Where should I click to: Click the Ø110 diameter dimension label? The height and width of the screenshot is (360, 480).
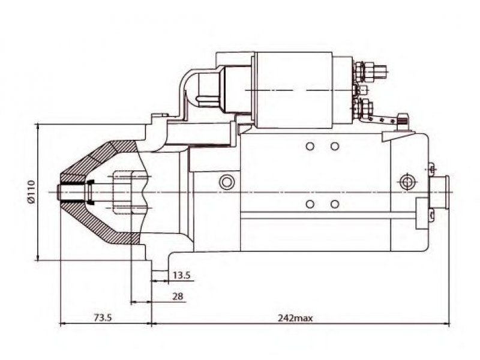pyautogui.click(x=31, y=192)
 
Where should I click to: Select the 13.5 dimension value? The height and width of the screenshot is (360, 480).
pyautogui.click(x=182, y=275)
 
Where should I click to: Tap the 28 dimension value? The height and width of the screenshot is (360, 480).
pyautogui.click(x=178, y=296)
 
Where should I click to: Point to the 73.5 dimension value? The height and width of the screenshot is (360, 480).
pyautogui.click(x=103, y=318)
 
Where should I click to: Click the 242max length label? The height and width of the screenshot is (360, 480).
pyautogui.click(x=295, y=318)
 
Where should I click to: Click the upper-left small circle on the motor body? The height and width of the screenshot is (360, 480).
pyautogui.click(x=310, y=146)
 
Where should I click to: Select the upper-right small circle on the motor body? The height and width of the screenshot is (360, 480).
pyautogui.click(x=335, y=146)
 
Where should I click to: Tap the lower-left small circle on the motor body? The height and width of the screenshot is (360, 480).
pyautogui.click(x=310, y=204)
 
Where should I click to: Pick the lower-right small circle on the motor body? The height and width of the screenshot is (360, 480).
pyautogui.click(x=335, y=204)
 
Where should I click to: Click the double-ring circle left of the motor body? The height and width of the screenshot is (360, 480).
pyautogui.click(x=227, y=182)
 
